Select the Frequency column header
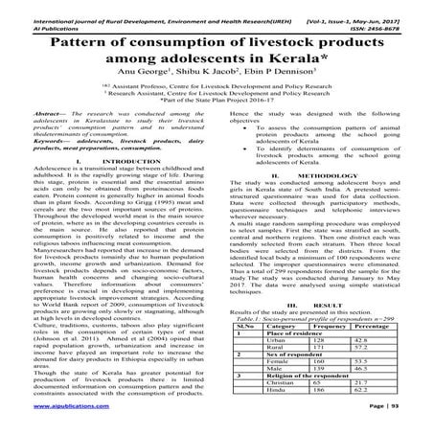click(327, 353)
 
